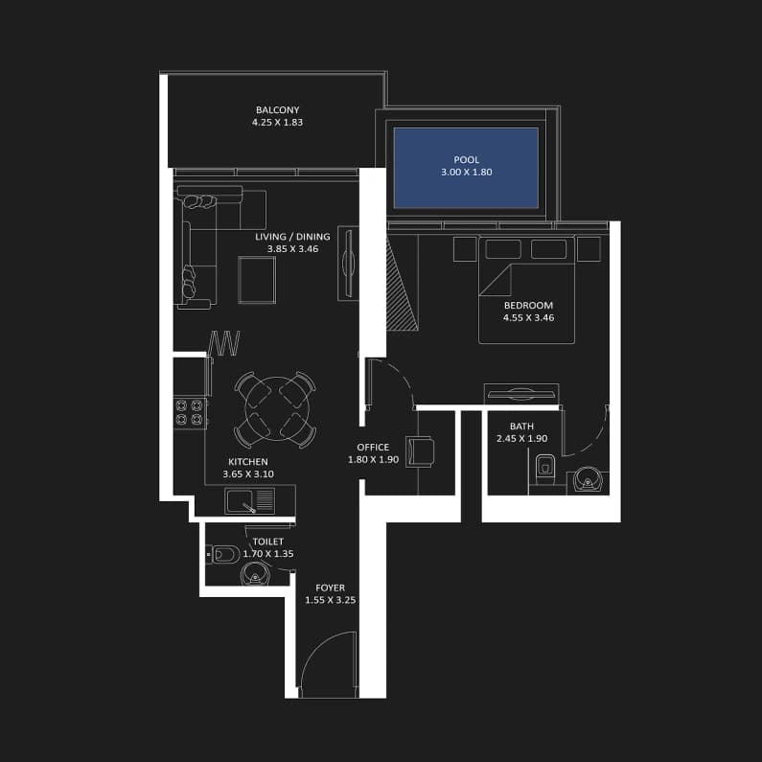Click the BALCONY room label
(278, 110)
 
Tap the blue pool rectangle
(466, 168)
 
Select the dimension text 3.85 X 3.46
(292, 249)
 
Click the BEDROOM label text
(528, 305)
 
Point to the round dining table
(278, 408)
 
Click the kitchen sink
(250, 501)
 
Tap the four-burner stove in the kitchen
(189, 412)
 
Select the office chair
(420, 451)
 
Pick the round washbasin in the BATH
(588, 480)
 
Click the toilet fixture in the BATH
(545, 467)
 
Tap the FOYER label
(330, 588)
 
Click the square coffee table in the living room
(257, 280)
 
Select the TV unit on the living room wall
(349, 263)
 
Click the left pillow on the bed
(503, 249)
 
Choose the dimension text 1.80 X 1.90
(373, 460)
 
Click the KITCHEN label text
(248, 462)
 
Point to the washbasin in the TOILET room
(254, 574)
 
